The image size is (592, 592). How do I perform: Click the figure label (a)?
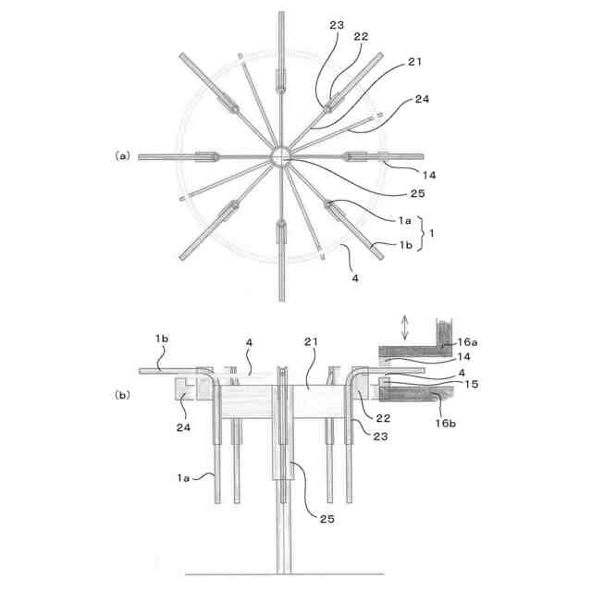click(122, 156)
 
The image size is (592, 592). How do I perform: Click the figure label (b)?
click(122, 395)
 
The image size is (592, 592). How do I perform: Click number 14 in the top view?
click(403, 174)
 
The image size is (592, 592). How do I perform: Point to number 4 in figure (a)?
click(354, 277)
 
